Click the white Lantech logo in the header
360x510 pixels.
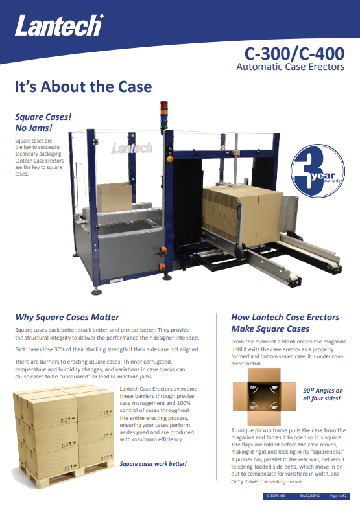pos(59,25)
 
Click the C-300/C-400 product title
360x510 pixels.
pos(294,54)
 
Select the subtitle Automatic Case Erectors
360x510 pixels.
pos(291,67)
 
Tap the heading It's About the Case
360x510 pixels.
pos(83,87)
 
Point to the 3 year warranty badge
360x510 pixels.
pos(318,171)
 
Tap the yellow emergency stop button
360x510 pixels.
pos(169,159)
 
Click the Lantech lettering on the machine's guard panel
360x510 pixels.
pos(132,148)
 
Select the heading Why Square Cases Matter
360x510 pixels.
pos(67,317)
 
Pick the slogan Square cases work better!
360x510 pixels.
pos(153,464)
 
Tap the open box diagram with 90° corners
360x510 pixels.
pos(264,397)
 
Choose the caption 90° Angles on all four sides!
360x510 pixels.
pos(323,394)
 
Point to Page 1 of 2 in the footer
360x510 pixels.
pos(339,496)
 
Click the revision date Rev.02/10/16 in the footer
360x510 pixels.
pos(310,496)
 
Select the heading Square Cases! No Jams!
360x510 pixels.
pos(43,122)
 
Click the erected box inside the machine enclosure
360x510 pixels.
pos(114,197)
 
